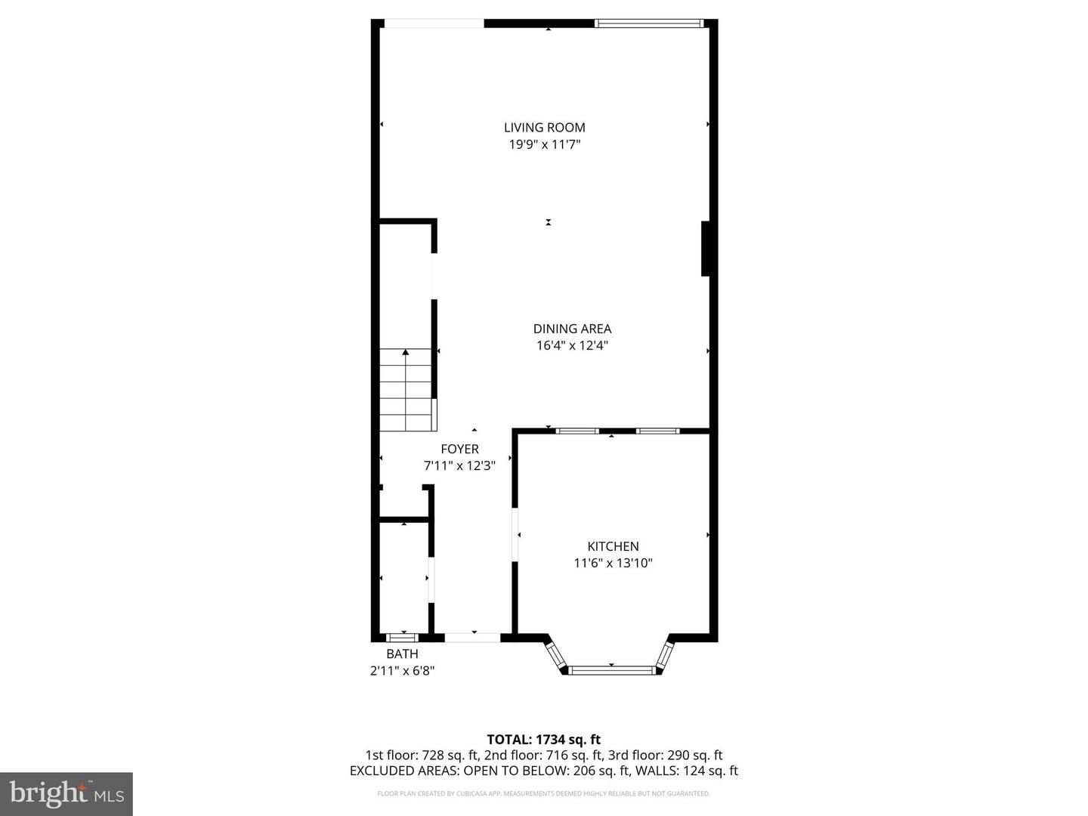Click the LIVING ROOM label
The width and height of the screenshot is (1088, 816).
(x=544, y=128)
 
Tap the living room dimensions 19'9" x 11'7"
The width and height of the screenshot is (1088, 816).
(x=544, y=144)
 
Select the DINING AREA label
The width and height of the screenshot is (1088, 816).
(x=572, y=329)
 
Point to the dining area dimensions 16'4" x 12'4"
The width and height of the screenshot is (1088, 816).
(x=572, y=345)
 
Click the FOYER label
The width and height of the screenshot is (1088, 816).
(x=459, y=449)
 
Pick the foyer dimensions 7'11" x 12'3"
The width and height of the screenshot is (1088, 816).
(x=459, y=465)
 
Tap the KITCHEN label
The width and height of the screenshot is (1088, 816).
(x=613, y=546)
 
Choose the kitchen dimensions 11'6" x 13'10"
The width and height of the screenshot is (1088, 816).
(x=613, y=563)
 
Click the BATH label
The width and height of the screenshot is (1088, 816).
(x=402, y=654)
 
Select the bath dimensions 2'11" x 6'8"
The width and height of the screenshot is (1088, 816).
(x=402, y=670)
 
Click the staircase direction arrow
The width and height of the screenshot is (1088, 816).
(x=406, y=352)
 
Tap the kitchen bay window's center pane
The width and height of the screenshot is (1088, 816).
(x=611, y=669)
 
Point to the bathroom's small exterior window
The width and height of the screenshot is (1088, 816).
(x=402, y=638)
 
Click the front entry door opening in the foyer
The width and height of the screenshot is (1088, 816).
(x=472, y=638)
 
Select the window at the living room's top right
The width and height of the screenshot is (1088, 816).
(x=649, y=23)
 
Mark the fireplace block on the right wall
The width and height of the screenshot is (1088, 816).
(x=706, y=249)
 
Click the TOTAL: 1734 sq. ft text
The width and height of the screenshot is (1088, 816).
(x=543, y=740)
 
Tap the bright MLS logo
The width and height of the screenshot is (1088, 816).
(x=66, y=793)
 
